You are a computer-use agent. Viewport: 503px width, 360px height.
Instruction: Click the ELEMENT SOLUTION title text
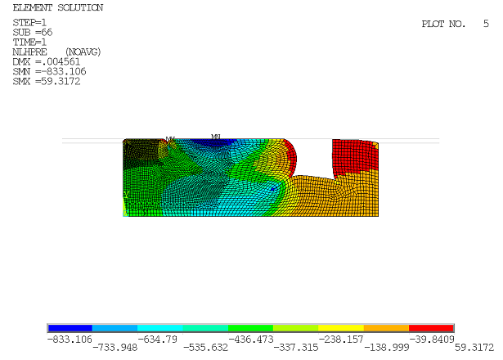58,7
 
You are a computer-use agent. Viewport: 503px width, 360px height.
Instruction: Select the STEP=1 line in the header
30,22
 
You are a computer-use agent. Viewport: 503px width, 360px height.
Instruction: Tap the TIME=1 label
30,42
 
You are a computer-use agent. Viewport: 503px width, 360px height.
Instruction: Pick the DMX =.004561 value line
47,61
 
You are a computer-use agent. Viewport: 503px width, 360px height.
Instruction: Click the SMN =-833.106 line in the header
50,71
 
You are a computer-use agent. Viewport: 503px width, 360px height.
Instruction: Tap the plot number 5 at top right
486,25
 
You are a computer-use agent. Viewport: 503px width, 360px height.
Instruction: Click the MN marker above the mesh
216,137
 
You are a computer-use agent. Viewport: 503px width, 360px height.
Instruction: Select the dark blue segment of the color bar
70,328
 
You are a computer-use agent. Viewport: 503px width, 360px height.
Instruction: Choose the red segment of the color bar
431,328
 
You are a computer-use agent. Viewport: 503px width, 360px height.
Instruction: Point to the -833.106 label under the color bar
70,339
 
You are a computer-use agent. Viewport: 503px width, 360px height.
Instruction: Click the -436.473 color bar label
250,339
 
